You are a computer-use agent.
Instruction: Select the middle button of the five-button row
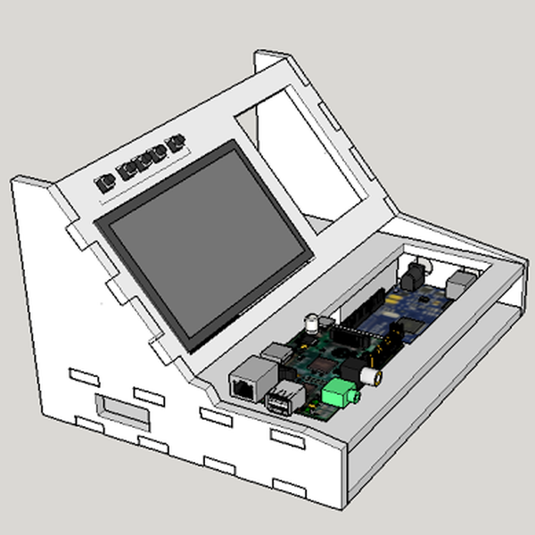pos(141,161)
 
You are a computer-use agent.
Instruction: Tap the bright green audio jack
pos(338,392)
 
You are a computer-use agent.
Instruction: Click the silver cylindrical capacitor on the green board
pos(313,323)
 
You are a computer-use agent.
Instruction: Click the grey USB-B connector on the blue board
pos(461,284)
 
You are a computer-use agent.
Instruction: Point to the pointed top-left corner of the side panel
pos(18,183)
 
